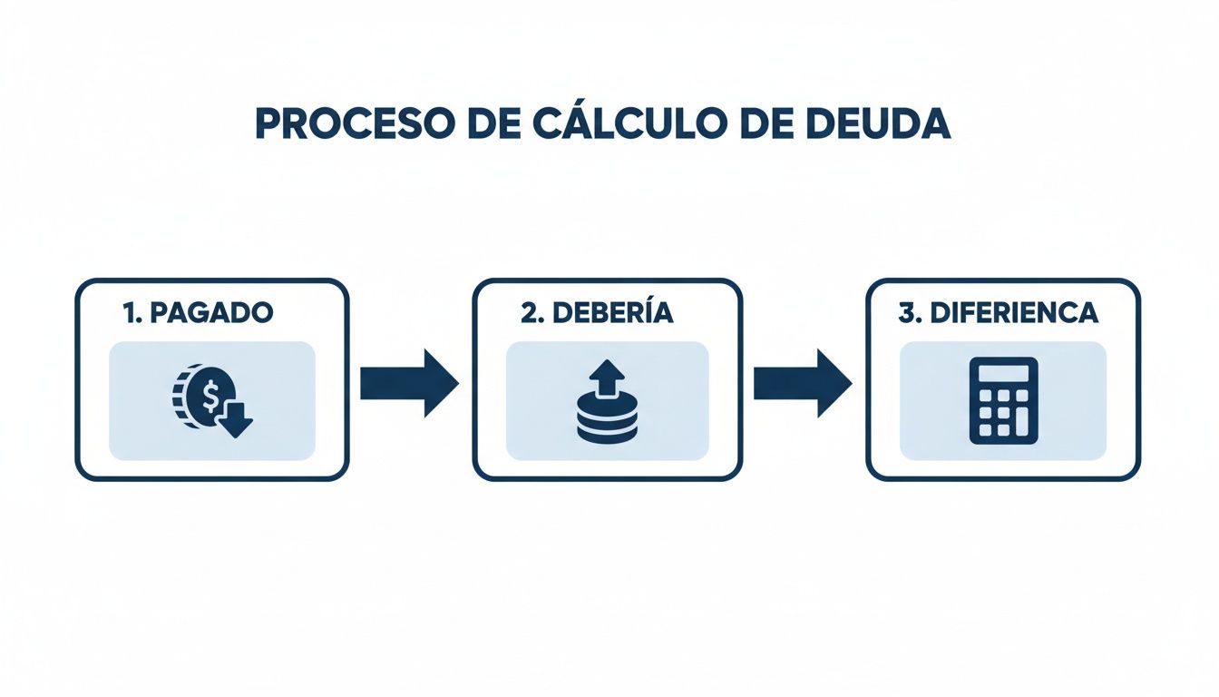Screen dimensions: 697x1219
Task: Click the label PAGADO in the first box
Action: pos(210,313)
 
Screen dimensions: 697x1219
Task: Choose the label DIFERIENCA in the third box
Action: pos(1012,313)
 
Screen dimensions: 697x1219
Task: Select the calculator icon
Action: pos(1003,400)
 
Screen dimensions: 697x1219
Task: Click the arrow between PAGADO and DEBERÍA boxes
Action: pos(409,383)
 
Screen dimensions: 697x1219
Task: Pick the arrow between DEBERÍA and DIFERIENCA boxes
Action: pos(803,383)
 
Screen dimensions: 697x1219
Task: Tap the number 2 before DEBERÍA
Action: pos(529,313)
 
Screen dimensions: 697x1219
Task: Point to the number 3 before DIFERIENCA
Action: pos(906,313)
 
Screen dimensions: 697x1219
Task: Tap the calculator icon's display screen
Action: pos(1003,374)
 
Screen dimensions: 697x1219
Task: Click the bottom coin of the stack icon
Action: pos(607,433)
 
